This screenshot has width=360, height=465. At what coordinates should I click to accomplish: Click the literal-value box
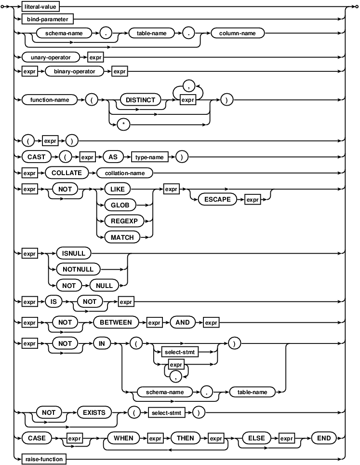pyautogui.click(x=44, y=8)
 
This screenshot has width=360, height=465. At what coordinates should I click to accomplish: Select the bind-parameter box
pyautogui.click(x=47, y=19)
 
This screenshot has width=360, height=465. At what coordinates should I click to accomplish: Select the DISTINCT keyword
pyautogui.click(x=140, y=100)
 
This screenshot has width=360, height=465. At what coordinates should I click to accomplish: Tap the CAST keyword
pyautogui.click(x=36, y=157)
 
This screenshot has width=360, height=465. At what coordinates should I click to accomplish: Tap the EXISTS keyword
pyautogui.click(x=94, y=412)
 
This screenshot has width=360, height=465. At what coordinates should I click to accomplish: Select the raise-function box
pyautogui.click(x=44, y=459)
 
